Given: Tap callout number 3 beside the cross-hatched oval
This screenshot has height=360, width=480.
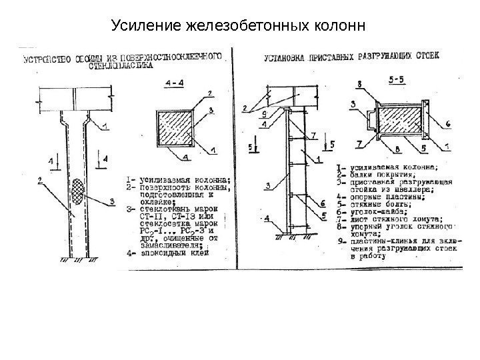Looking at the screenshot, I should tap(113, 200).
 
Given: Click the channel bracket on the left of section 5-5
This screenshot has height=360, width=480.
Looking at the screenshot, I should tap(369, 120).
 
